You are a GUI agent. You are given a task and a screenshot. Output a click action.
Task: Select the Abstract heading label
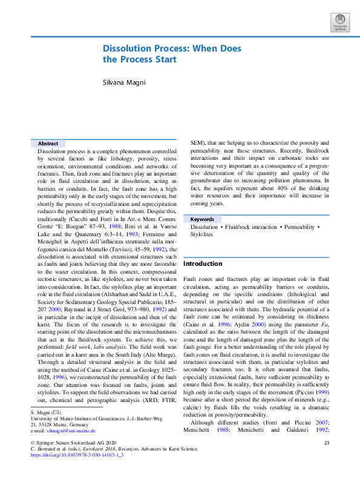point(48,144)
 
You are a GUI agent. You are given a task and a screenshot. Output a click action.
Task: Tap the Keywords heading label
point(202,219)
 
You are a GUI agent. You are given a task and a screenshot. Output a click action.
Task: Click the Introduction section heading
point(203,264)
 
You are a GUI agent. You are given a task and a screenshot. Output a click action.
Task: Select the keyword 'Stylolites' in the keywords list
point(201,234)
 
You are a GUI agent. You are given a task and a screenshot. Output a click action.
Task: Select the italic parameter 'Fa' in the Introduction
point(324,324)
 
